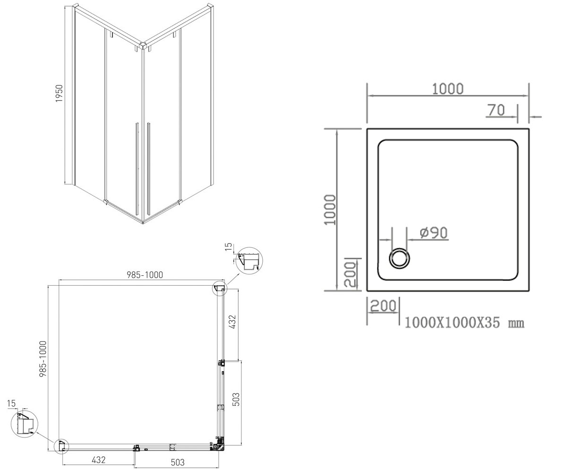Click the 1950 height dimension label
point(59,93)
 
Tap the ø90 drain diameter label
point(434,233)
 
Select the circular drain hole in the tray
point(399,258)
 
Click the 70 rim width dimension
point(497,110)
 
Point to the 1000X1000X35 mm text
point(464,323)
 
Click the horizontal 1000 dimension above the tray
point(447,89)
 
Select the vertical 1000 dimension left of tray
point(330,210)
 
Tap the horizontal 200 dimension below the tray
point(383,306)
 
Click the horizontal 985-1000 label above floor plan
point(145,275)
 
